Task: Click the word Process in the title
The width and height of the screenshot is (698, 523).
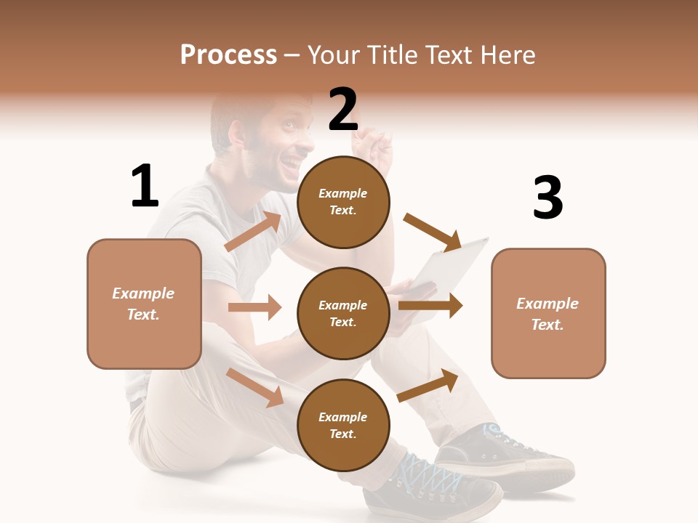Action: coord(228,55)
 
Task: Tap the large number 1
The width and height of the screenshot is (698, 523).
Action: coord(145,187)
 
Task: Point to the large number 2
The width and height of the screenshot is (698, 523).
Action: coord(343,110)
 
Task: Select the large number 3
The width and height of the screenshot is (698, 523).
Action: coord(547,198)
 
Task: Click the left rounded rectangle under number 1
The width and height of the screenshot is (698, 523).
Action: coord(144,304)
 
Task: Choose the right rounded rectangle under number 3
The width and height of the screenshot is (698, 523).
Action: coord(548,313)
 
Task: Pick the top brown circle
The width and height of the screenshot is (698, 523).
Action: coord(343,201)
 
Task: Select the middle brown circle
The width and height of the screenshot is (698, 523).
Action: coord(343,313)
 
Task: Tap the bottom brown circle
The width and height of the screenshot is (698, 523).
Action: coord(343,425)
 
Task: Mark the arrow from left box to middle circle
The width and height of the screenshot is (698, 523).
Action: coord(254,307)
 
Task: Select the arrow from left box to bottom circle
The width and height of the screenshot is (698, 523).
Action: coord(255,388)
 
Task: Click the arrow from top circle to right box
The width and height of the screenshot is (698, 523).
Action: coord(433,232)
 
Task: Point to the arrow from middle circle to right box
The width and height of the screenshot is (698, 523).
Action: coord(430,306)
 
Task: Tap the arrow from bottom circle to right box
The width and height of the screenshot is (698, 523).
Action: coord(428,385)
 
